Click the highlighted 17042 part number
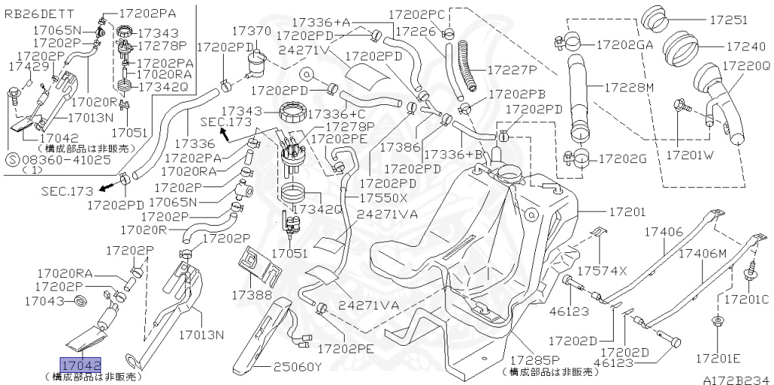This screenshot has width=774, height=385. [81, 365]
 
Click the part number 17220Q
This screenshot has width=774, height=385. [745, 66]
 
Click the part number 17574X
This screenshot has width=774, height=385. [602, 270]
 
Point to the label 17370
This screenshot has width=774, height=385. [251, 30]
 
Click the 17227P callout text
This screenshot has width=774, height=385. [511, 69]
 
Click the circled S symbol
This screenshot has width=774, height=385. [11, 160]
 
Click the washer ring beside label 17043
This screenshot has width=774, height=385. [79, 302]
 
